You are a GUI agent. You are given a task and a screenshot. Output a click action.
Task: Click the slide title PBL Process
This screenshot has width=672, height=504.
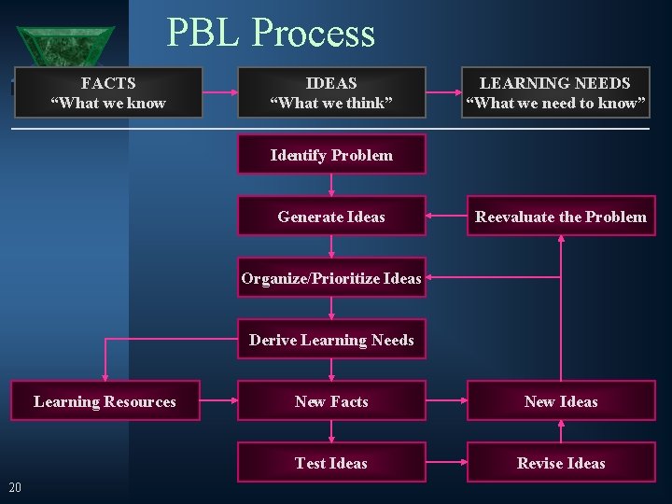pos(271,33)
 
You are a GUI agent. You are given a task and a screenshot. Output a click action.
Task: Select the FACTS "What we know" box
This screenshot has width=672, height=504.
pos(108,92)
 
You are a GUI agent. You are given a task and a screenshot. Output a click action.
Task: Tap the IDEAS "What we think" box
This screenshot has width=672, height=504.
pos(331,92)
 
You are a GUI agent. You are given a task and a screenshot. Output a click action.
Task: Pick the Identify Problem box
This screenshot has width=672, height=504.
pos(331,155)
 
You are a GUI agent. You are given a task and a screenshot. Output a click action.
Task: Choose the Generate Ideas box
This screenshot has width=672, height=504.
pos(331,217)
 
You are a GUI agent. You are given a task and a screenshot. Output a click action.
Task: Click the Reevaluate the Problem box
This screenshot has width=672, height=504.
pos(561,217)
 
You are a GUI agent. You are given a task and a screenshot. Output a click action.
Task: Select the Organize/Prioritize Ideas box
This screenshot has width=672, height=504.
pos(331,278)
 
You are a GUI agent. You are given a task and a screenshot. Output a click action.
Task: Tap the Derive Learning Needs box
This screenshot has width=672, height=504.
pos(331,340)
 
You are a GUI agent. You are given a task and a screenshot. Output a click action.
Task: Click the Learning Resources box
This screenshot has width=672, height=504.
pos(105,401)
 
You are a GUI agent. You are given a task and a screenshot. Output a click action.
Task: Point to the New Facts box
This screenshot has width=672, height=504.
pos(331,401)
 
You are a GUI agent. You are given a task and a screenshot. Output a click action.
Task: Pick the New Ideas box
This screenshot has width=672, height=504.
pos(561,401)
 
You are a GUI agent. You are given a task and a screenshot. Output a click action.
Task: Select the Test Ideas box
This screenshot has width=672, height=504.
pos(331,463)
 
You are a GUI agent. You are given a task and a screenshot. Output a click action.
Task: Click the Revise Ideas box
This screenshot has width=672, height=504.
pos(561,463)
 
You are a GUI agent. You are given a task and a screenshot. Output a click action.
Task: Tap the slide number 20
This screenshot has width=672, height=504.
pos(15,486)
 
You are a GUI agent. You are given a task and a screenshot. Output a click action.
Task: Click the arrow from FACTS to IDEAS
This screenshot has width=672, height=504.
pos(220,92)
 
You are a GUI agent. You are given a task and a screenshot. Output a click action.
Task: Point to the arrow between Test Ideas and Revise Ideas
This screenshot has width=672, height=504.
pos(446,463)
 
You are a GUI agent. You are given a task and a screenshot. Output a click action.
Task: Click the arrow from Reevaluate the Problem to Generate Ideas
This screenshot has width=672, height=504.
pos(446,217)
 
